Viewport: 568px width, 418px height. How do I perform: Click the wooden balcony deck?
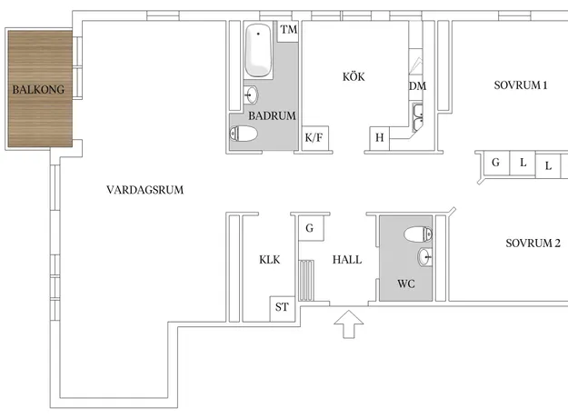click(x=40, y=89)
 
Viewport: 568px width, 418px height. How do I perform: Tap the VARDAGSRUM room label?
click(x=144, y=190)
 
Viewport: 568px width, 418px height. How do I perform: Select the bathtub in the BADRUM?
click(x=258, y=50)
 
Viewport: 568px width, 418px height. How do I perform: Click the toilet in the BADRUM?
click(x=244, y=134)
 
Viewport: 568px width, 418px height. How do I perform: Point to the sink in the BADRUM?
click(x=251, y=95)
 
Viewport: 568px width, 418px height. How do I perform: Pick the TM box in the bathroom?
click(x=288, y=31)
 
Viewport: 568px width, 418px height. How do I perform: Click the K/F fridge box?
click(x=314, y=137)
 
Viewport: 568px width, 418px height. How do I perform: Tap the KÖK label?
click(x=354, y=77)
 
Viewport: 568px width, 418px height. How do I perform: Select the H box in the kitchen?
click(x=379, y=138)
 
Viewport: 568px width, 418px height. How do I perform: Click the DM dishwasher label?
click(x=417, y=86)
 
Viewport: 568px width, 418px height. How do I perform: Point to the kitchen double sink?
click(x=418, y=116)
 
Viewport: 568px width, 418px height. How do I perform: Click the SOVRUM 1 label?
click(x=521, y=85)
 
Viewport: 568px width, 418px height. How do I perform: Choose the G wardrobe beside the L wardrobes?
click(x=496, y=163)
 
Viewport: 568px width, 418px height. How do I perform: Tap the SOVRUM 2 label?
click(x=533, y=243)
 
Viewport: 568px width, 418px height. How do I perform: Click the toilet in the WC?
click(x=418, y=234)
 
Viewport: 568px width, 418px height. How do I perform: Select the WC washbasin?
click(x=424, y=257)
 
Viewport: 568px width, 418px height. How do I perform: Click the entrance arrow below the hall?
click(x=348, y=324)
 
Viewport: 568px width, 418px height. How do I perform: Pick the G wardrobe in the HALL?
click(x=311, y=228)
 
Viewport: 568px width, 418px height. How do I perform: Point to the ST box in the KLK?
click(x=282, y=308)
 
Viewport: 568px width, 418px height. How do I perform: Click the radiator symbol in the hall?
click(x=306, y=280)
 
